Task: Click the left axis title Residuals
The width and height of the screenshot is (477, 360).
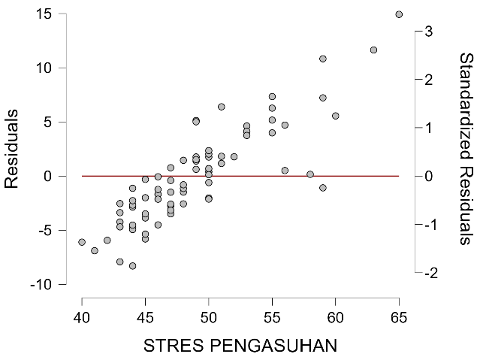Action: click(x=13, y=148)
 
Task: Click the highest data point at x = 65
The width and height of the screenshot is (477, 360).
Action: click(x=399, y=14)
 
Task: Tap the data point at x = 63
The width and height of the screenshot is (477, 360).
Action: click(x=373, y=50)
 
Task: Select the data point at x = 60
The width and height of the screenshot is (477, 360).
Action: click(x=335, y=116)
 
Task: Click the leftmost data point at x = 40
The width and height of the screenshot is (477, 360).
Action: click(x=82, y=242)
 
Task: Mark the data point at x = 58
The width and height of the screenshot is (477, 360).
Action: click(x=310, y=174)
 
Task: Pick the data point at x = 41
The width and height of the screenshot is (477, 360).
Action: click(x=95, y=250)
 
